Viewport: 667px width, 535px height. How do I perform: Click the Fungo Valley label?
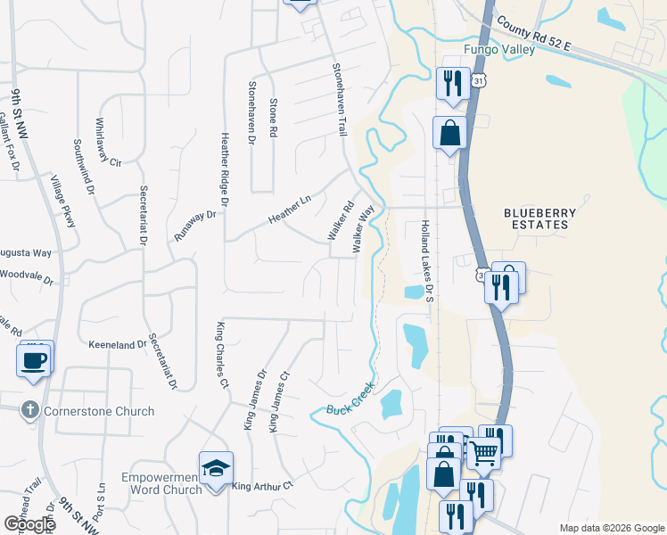click(498, 50)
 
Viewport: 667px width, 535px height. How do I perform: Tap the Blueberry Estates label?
click(535, 218)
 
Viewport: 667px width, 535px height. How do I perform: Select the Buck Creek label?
click(350, 401)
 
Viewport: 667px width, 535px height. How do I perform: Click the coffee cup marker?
click(34, 361)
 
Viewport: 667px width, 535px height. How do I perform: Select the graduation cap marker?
click(216, 468)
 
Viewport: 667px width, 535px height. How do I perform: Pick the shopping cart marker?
click(483, 452)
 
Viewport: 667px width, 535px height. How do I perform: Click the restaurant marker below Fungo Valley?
click(452, 84)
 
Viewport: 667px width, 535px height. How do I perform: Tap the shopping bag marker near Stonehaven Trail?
click(450, 133)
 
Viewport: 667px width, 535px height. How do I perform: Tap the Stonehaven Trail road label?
click(338, 98)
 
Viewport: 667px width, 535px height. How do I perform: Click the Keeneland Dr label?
click(118, 344)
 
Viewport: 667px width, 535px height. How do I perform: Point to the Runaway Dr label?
click(195, 226)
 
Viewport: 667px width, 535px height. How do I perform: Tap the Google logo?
click(29, 524)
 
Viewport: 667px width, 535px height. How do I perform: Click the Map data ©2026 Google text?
click(611, 528)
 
